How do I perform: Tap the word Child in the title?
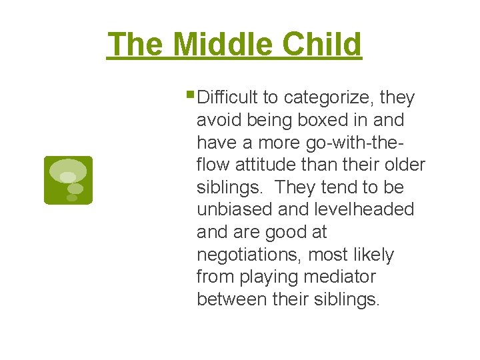[322, 45]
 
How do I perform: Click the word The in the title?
[137, 45]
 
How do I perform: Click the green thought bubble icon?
[68, 180]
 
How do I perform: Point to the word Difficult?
[228, 98]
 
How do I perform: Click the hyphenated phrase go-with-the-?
[351, 143]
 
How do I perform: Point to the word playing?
[267, 277]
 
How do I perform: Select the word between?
[232, 299]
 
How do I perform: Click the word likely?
[373, 255]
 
